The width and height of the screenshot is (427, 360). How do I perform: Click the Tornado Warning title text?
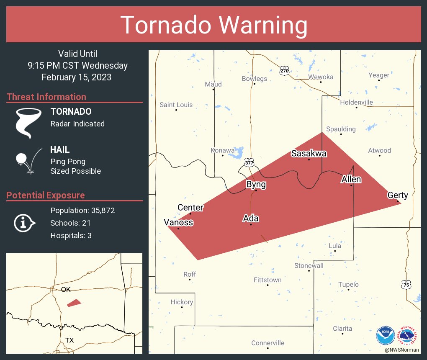click(x=213, y=25)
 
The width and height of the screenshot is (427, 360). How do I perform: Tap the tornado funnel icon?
click(x=28, y=123)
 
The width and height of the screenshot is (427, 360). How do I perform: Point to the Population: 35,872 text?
click(x=82, y=211)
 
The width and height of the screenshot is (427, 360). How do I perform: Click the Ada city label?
click(x=251, y=218)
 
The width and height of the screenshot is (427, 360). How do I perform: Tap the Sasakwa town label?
click(x=309, y=153)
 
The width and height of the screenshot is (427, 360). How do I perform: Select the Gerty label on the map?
click(x=397, y=195)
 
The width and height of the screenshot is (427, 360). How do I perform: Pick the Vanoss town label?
click(x=178, y=222)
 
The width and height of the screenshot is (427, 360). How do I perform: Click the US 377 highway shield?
click(x=250, y=162)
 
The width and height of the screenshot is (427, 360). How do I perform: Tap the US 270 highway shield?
click(x=284, y=71)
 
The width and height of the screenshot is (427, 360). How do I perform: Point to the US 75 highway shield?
click(x=406, y=285)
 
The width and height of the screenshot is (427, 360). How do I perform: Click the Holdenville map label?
click(x=356, y=102)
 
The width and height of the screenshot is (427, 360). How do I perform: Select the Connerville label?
click(x=268, y=343)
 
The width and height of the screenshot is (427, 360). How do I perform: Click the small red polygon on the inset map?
click(x=74, y=302)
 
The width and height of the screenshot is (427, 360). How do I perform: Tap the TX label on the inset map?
click(x=69, y=340)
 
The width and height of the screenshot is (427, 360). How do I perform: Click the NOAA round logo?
click(x=385, y=335)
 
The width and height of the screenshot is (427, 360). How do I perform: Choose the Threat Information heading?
click(x=46, y=97)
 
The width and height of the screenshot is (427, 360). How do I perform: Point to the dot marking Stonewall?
click(x=309, y=271)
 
